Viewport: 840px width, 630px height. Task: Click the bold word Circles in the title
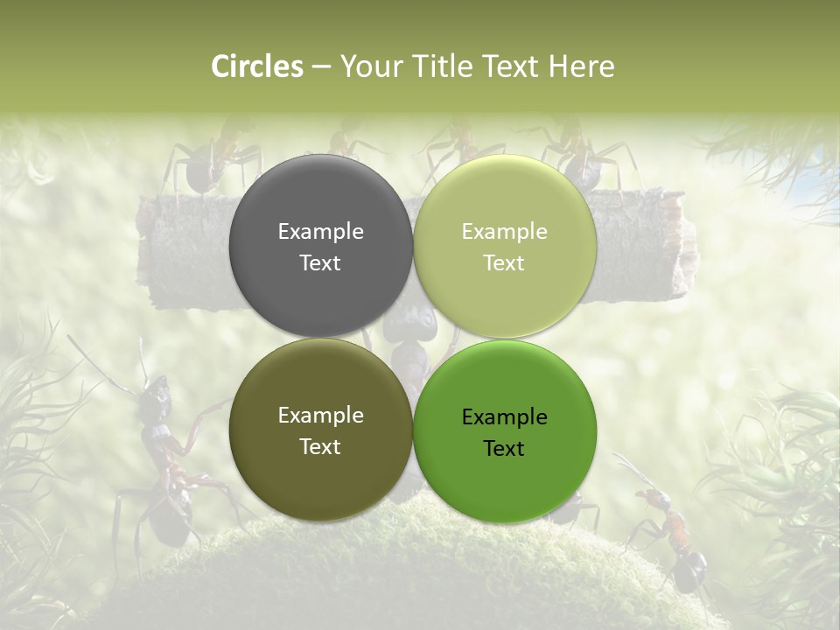tap(256, 66)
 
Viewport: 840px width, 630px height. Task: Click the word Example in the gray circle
tap(320, 231)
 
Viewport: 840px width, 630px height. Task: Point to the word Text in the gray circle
tap(320, 262)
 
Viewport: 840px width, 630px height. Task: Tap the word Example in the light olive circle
tap(504, 231)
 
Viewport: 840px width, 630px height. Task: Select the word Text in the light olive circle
tap(504, 262)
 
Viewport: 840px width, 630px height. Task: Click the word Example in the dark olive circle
tap(320, 415)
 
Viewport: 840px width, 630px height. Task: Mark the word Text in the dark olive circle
tap(320, 446)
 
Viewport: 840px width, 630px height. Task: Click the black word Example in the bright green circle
tap(504, 416)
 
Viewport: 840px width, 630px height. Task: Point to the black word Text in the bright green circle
tap(504, 448)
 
